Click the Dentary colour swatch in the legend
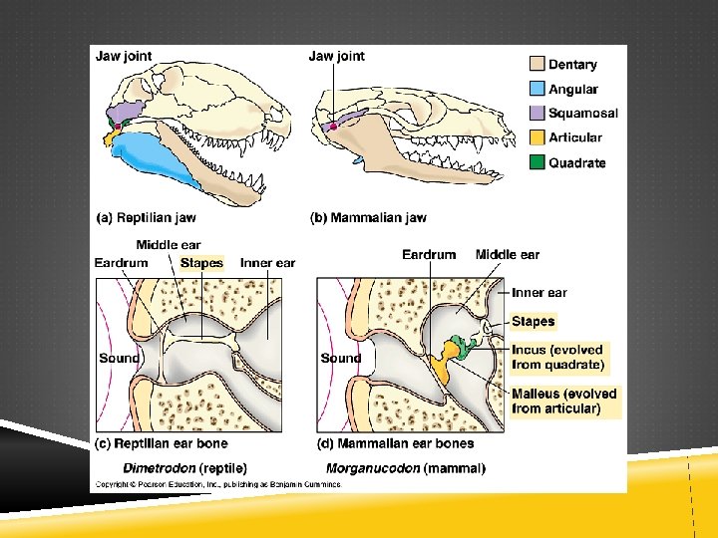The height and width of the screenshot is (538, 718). [x=537, y=64]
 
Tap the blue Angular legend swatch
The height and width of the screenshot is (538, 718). [x=537, y=89]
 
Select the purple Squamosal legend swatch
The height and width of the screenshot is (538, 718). [x=537, y=113]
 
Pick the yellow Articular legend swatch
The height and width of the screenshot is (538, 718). [x=537, y=137]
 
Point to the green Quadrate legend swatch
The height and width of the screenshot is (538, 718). [x=537, y=161]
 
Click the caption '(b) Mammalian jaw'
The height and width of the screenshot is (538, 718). [x=368, y=217]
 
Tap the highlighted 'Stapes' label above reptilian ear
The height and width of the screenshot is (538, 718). [x=201, y=263]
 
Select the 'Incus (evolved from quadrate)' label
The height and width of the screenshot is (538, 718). [x=557, y=357]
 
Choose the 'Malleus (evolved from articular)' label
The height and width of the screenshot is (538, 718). [x=563, y=401]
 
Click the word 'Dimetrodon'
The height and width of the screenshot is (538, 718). [x=159, y=467]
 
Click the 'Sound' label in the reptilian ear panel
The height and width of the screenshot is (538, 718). [x=119, y=358]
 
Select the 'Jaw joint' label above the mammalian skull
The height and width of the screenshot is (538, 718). [x=336, y=56]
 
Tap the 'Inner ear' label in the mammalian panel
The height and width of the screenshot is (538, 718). [x=538, y=292]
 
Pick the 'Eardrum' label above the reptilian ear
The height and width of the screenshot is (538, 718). [x=121, y=263]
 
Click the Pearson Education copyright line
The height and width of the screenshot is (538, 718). [x=217, y=484]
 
